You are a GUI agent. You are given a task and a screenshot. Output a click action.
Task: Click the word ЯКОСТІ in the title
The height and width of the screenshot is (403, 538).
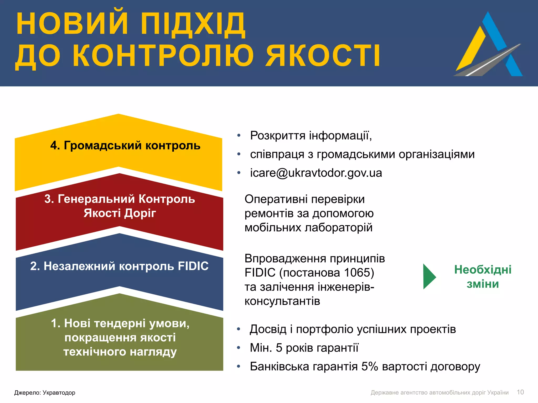(x=323, y=56)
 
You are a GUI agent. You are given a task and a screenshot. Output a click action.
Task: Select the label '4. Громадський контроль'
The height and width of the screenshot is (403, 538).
(x=125, y=145)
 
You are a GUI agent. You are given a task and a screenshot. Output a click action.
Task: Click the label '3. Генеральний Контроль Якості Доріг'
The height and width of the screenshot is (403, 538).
(x=120, y=206)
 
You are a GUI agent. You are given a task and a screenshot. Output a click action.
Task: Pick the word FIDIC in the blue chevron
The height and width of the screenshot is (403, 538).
(x=193, y=266)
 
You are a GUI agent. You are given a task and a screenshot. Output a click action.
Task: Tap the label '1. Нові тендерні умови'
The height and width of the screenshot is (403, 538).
(x=120, y=323)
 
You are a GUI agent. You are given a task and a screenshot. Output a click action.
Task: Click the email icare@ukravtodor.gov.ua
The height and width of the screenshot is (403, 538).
(x=316, y=173)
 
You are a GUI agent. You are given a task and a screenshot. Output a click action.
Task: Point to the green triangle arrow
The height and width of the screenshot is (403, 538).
(x=428, y=277)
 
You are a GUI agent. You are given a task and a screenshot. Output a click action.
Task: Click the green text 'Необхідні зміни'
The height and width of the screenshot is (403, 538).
(x=483, y=277)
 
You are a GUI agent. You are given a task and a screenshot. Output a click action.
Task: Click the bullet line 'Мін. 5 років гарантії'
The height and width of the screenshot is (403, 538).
(x=304, y=348)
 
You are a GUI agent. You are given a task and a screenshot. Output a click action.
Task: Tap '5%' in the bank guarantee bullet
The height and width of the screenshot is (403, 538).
(x=369, y=367)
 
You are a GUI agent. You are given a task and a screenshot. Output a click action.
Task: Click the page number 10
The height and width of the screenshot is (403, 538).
(x=520, y=392)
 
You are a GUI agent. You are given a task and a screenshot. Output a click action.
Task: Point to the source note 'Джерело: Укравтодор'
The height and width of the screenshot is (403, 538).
(x=45, y=393)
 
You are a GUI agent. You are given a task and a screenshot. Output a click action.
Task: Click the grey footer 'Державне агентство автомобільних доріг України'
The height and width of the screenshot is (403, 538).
(x=439, y=393)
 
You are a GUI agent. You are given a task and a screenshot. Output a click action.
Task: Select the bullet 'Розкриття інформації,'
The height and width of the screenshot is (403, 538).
(x=311, y=136)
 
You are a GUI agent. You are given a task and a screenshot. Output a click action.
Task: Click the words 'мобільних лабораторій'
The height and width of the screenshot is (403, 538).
(x=308, y=227)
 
